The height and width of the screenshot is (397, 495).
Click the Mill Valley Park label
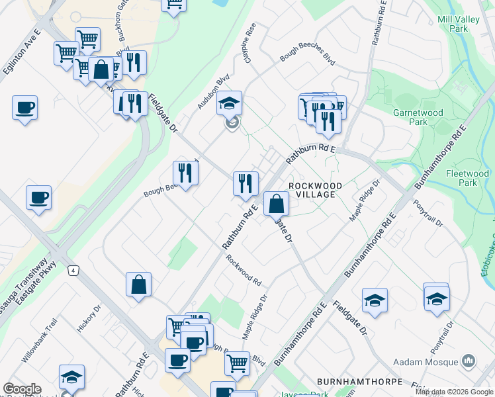pos(458,24)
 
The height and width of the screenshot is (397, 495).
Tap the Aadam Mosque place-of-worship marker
pos(469,361)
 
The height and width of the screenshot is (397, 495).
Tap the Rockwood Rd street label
pos(243,270)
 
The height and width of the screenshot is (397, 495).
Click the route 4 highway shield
pos(72,271)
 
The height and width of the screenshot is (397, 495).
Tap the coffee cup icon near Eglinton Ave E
pos(24,108)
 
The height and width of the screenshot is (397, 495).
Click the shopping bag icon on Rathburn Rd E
pos(276,204)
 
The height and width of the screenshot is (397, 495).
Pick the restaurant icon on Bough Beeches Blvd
pos(186,173)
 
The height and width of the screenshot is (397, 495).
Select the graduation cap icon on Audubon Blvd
pos(229,103)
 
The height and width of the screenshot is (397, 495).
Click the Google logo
pos(22,389)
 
